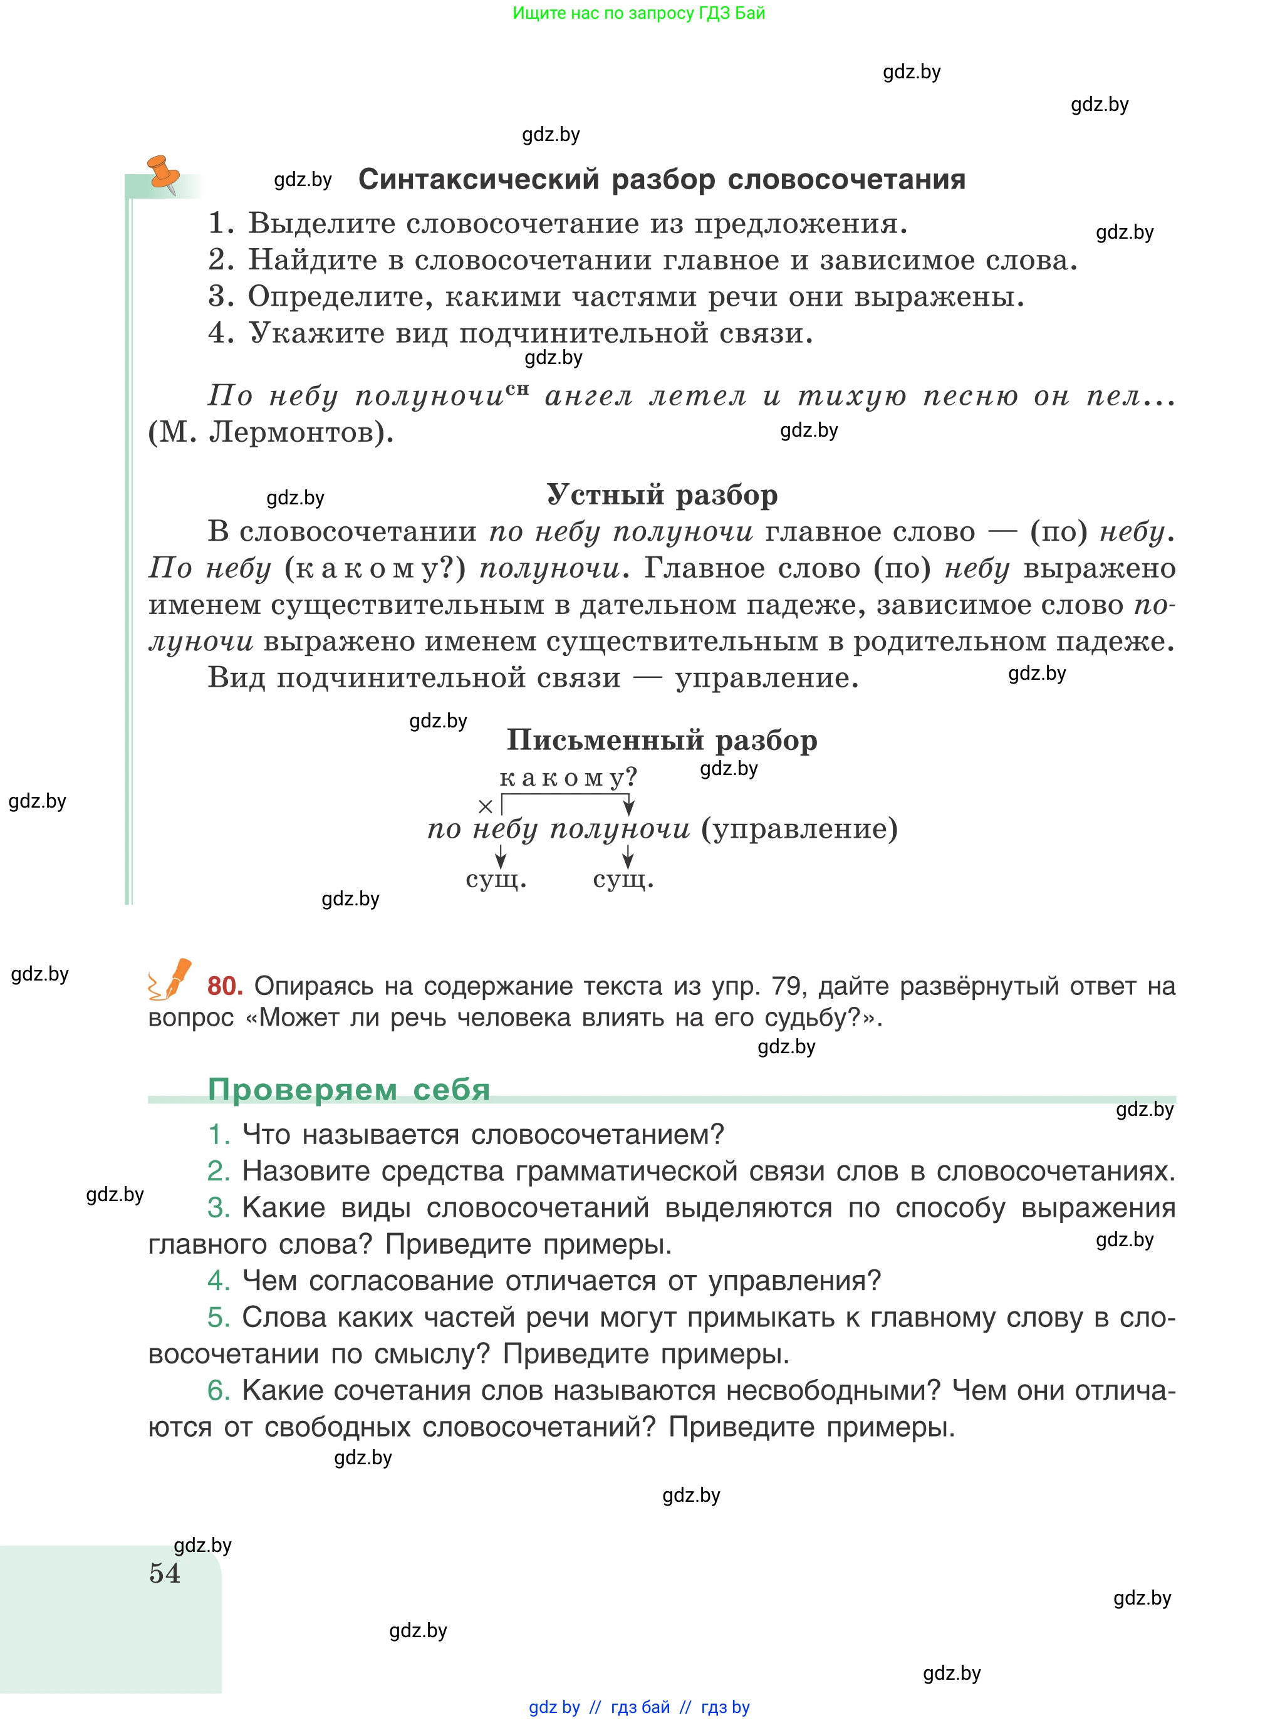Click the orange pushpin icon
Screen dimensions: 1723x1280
coord(164,173)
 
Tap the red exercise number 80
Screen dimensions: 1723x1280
coord(225,986)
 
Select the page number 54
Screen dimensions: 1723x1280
coord(164,1573)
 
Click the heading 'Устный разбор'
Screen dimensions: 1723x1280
coord(662,495)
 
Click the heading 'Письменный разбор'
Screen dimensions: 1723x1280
coord(662,741)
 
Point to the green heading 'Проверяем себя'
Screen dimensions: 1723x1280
coord(349,1090)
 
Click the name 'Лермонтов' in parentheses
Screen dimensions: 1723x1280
coord(291,432)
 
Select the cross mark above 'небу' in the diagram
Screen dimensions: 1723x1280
coord(486,806)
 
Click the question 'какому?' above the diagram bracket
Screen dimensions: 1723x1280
coord(568,777)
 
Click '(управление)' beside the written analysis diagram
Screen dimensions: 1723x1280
coord(799,829)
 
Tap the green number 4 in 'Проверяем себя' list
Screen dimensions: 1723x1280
coord(219,1281)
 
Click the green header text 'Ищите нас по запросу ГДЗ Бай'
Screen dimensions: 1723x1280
coord(638,13)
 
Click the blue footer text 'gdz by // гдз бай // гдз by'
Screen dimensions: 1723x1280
coord(638,1707)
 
